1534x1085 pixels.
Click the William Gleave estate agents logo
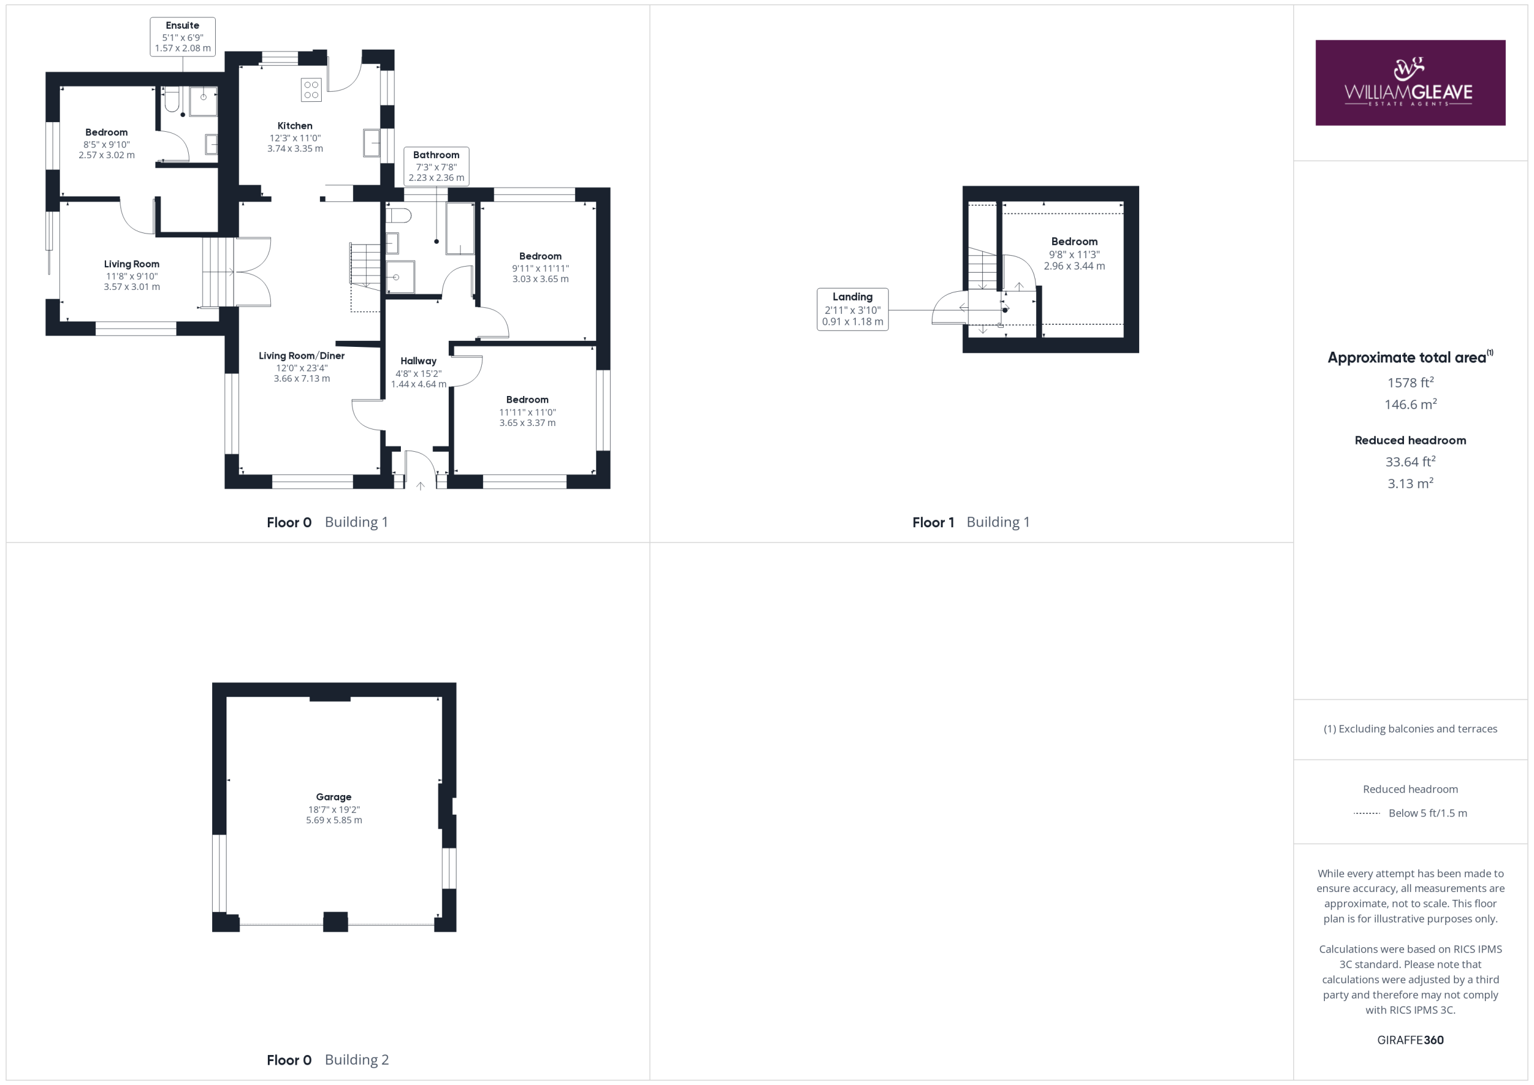[x=1410, y=83]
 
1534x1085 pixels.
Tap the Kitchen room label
[x=295, y=126]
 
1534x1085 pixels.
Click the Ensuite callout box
[x=182, y=37]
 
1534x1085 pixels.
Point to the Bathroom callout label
[x=436, y=167]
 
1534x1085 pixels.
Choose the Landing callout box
[x=853, y=309]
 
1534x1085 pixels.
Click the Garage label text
[x=333, y=796]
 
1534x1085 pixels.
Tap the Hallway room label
[x=418, y=361]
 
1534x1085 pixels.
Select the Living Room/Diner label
[x=302, y=355]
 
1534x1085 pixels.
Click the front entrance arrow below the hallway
[x=420, y=486]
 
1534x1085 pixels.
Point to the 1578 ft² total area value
[x=1411, y=382]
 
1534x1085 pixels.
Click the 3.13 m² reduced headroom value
[x=1411, y=483]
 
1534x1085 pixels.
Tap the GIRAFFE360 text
[x=1411, y=1039]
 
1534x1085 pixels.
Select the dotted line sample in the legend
[x=1366, y=813]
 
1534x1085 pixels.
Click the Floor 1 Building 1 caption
[x=971, y=522]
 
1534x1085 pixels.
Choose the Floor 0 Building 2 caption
[x=327, y=1060]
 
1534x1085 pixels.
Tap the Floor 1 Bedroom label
[x=1074, y=241]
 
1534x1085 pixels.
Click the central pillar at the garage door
[x=336, y=921]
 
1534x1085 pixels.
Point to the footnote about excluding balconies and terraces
[x=1411, y=729]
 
